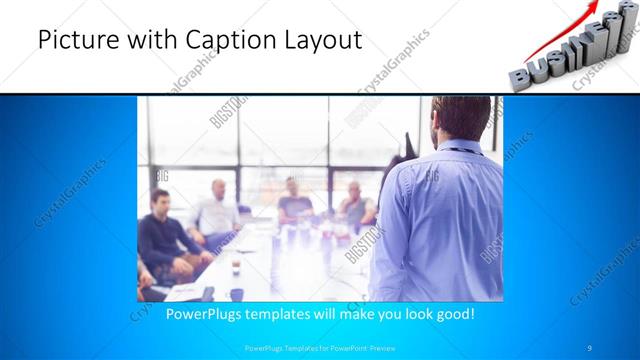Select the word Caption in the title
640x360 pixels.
223,40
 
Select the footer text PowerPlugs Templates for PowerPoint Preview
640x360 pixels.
319,347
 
